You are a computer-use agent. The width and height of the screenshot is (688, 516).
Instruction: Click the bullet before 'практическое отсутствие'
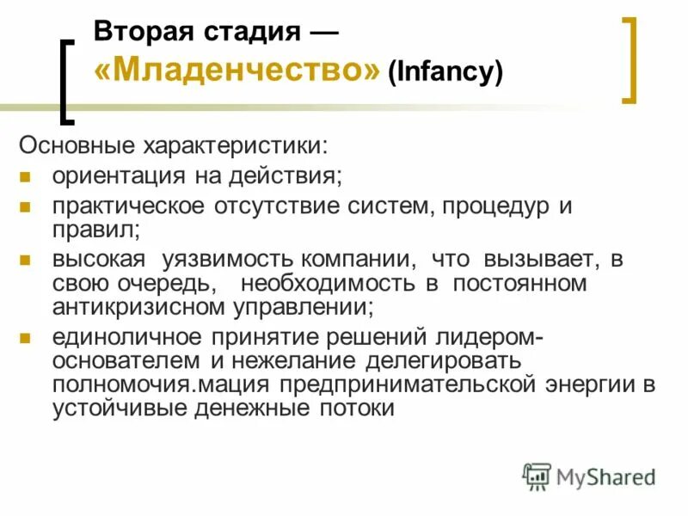click(26, 207)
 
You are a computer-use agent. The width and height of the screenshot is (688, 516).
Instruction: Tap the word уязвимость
click(225, 259)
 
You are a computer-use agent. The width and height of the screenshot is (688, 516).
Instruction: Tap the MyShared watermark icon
click(537, 476)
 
